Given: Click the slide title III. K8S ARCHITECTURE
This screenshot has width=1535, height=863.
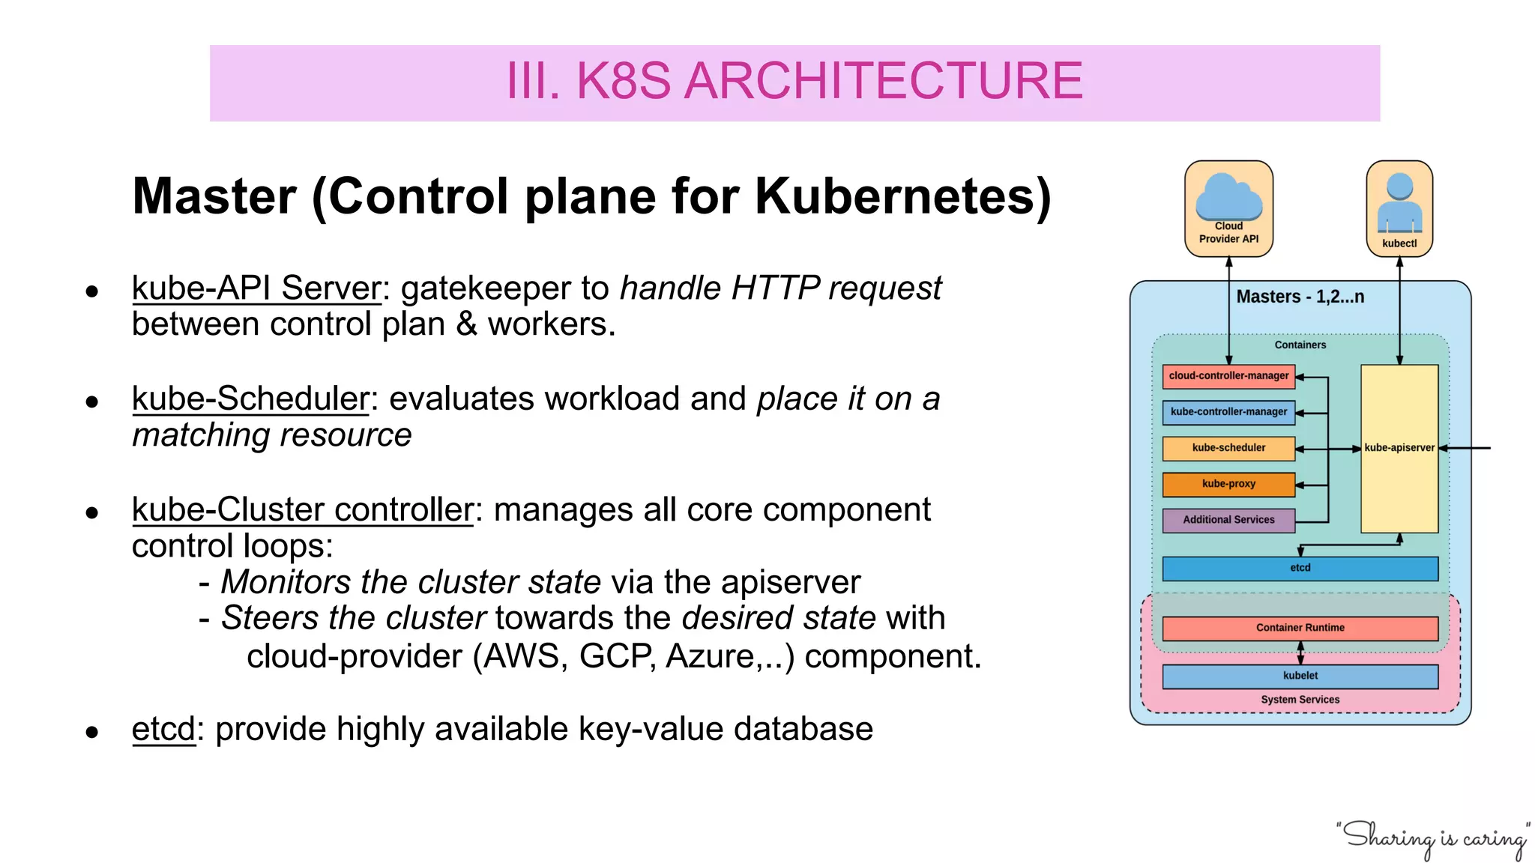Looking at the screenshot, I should coord(794,81).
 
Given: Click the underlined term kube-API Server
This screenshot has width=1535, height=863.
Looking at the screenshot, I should coord(256,288).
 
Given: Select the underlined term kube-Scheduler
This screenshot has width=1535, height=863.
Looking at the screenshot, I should coord(250,399).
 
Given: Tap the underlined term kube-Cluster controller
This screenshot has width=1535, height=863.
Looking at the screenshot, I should coord(302,510).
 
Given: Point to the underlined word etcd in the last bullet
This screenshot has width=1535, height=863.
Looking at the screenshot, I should coord(163,729).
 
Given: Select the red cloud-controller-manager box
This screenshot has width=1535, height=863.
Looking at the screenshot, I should coord(1228,376).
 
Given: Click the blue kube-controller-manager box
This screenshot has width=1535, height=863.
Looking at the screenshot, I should coord(1228,412).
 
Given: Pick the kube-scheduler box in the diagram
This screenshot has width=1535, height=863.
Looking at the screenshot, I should coord(1228,448).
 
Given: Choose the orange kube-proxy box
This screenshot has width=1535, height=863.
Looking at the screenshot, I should coord(1228,484).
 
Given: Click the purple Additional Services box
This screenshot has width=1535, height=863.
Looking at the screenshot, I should coord(1228,520).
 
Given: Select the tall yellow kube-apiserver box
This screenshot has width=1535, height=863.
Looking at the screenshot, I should coord(1399,487).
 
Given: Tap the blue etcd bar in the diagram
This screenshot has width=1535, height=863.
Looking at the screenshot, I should coord(1300,569).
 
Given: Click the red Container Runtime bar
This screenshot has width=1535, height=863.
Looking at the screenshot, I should coord(1300,628).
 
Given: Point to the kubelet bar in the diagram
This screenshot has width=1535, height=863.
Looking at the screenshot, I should coord(1300,676).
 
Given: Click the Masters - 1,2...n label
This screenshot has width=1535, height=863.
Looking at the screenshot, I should coord(1300,297).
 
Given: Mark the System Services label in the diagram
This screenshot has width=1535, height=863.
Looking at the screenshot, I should coord(1300,700).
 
